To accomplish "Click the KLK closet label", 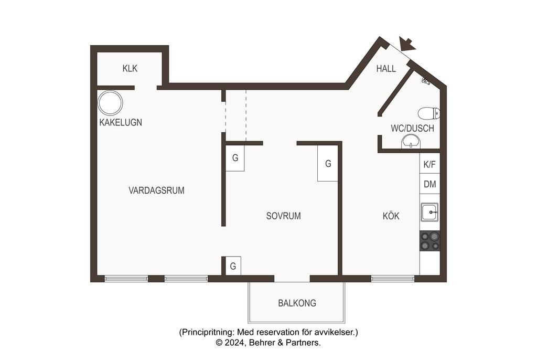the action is (x=130, y=69).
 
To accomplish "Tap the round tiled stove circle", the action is (x=110, y=103).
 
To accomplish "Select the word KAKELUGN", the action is (x=121, y=122).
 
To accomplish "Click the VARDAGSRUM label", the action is (x=156, y=190).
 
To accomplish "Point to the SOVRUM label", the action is (x=284, y=216).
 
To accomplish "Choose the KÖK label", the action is (x=391, y=216).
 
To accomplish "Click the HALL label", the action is (x=386, y=69).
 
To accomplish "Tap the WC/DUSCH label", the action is (x=412, y=129).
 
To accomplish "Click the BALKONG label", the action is (x=297, y=303).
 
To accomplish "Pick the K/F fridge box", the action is (x=430, y=164).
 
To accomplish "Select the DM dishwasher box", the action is (x=430, y=184).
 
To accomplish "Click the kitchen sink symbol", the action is (x=429, y=212).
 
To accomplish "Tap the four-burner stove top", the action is (x=430, y=241).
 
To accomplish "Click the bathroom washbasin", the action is (x=411, y=142).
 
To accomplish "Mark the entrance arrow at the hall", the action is (x=407, y=44).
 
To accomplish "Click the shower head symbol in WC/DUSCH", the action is (x=426, y=81).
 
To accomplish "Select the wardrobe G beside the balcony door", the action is (x=233, y=266).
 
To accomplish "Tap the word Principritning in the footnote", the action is (x=208, y=332).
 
